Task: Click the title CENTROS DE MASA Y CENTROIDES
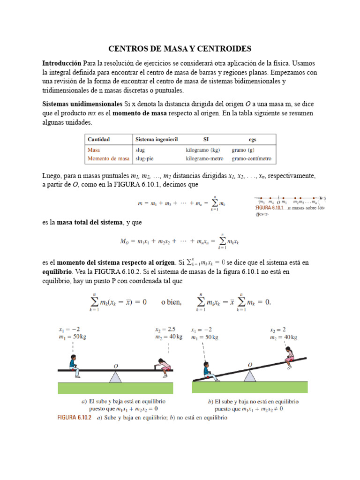[x=180, y=49]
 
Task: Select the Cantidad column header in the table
[x=98, y=139]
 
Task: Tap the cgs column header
[x=252, y=139]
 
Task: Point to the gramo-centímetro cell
[x=251, y=159]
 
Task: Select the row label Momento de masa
[x=108, y=159]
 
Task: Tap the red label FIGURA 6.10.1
[x=270, y=207]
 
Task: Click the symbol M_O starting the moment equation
[x=125, y=241]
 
